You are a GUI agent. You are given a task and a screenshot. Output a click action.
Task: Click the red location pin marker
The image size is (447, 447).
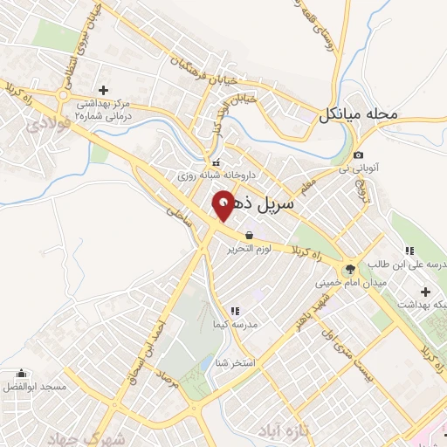click(223, 207)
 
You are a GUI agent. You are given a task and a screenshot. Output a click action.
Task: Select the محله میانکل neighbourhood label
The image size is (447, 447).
click(358, 114)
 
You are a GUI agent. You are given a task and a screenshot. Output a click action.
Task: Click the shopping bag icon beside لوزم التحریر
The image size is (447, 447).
click(251, 235)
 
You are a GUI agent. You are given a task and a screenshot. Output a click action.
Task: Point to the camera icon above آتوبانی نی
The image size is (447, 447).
click(359, 155)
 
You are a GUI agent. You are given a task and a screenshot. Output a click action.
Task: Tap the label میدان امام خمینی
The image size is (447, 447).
click(350, 283)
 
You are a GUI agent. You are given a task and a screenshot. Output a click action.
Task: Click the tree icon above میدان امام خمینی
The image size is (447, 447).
click(350, 268)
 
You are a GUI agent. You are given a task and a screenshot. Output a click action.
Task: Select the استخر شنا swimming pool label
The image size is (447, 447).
click(235, 361)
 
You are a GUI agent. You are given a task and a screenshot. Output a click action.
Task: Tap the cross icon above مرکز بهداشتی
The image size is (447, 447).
click(103, 90)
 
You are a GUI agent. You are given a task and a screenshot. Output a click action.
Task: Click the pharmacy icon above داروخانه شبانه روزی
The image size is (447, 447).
click(215, 162)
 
